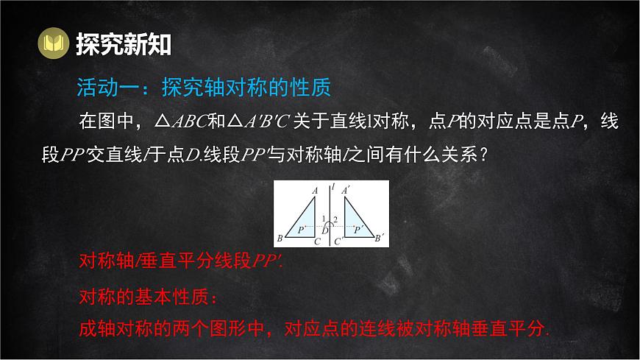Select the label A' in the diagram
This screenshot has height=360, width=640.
(x=346, y=190)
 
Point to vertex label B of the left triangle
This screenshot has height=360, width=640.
(x=280, y=238)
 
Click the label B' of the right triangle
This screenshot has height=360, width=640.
(x=380, y=238)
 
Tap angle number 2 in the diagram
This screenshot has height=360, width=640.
(x=335, y=219)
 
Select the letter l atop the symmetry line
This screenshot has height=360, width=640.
(x=333, y=187)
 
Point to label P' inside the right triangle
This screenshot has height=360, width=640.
(x=358, y=230)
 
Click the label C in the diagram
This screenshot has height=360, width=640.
(x=316, y=241)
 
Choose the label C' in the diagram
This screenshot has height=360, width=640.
(x=338, y=241)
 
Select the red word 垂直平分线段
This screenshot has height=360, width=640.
(x=199, y=261)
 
